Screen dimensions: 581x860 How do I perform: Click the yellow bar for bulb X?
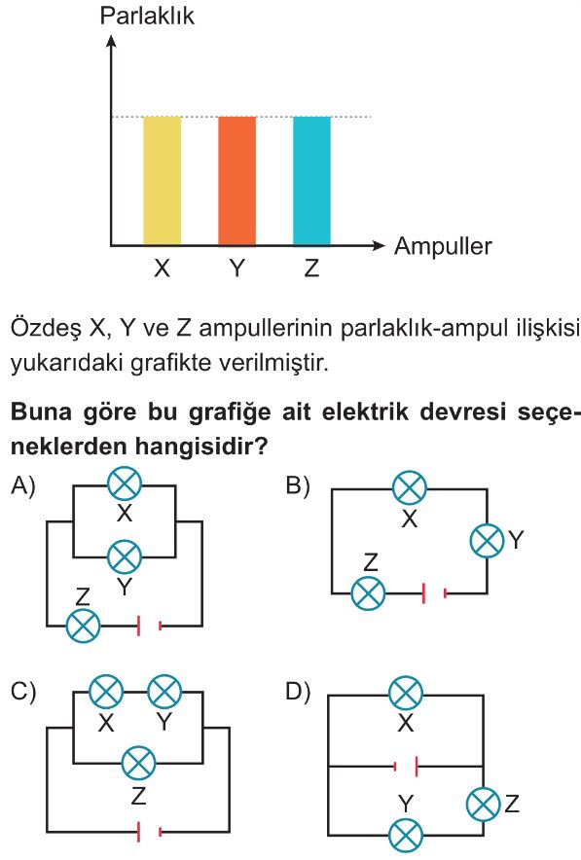tap(162, 181)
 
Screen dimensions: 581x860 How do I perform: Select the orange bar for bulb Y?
tap(237, 181)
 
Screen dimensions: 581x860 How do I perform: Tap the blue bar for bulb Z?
tap(311, 181)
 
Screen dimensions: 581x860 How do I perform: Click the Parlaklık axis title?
tap(147, 16)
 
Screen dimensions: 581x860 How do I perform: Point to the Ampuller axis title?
tap(443, 246)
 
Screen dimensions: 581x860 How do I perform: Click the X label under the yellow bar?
tap(162, 269)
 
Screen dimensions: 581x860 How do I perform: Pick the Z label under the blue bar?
tap(311, 269)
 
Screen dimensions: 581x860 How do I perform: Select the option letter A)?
tap(23, 486)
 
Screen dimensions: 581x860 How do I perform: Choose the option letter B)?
tap(298, 486)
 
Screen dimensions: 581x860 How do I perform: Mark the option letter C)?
tap(23, 692)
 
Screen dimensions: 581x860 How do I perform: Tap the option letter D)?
tap(298, 692)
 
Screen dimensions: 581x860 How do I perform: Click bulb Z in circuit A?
tap(83, 626)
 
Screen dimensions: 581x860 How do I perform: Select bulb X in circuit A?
tap(125, 484)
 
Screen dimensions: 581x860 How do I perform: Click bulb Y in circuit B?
tap(487, 540)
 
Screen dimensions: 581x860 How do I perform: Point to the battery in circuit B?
tap(434, 592)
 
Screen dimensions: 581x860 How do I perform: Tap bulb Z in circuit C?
tap(139, 763)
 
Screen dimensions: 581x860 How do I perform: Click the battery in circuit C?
tap(149, 832)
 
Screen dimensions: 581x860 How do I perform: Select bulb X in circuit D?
tap(406, 694)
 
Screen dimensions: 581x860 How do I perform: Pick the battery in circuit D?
tap(407, 767)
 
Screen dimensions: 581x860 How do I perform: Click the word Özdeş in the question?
tap(45, 329)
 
